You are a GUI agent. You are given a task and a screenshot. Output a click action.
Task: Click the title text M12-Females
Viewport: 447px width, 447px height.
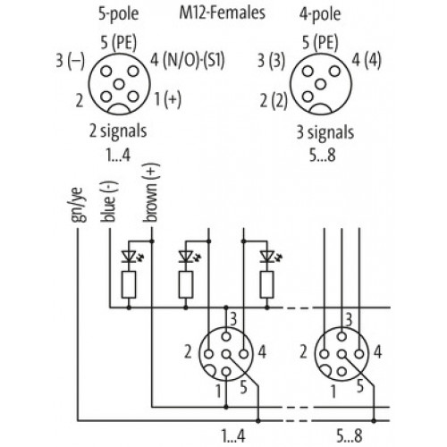pos(222,13)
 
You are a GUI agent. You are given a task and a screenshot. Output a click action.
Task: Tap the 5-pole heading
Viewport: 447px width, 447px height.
pos(119,13)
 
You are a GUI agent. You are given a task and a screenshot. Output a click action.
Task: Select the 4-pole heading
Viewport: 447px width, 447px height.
pos(320,13)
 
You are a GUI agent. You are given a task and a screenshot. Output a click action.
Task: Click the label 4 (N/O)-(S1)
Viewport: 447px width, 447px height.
pos(187,60)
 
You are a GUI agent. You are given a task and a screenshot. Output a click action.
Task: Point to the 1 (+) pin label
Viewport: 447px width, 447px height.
pos(168,99)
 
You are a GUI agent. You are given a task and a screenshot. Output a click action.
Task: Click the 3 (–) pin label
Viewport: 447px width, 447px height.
pos(71,61)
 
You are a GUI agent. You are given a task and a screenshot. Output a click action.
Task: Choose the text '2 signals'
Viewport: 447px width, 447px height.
pos(118,131)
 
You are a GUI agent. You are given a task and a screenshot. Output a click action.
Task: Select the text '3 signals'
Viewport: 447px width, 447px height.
pos(325,132)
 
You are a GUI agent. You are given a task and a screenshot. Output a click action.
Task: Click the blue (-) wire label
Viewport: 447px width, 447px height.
pos(109,201)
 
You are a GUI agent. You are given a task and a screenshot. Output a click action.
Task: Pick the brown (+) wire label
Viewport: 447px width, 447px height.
pos(151,192)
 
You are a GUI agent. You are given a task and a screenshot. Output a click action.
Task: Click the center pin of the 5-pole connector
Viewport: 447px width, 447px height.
pos(119,84)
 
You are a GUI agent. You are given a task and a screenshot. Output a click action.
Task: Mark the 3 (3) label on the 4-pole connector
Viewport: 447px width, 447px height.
pos(271,61)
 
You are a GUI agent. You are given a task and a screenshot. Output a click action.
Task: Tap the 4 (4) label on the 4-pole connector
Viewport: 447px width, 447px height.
pos(367,61)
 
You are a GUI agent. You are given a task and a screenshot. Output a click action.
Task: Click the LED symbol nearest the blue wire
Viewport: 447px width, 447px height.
pos(130,257)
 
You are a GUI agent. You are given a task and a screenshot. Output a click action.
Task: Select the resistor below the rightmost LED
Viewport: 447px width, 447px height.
pos(266,284)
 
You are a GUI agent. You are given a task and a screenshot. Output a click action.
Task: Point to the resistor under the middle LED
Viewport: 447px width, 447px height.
pos(186,284)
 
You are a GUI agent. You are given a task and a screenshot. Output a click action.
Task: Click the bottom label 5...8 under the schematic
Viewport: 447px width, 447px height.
pos(350,435)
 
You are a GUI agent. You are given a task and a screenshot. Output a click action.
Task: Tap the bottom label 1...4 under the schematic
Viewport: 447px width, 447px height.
pos(233,435)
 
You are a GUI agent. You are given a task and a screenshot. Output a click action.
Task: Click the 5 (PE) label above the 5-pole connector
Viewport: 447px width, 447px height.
pos(118,42)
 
